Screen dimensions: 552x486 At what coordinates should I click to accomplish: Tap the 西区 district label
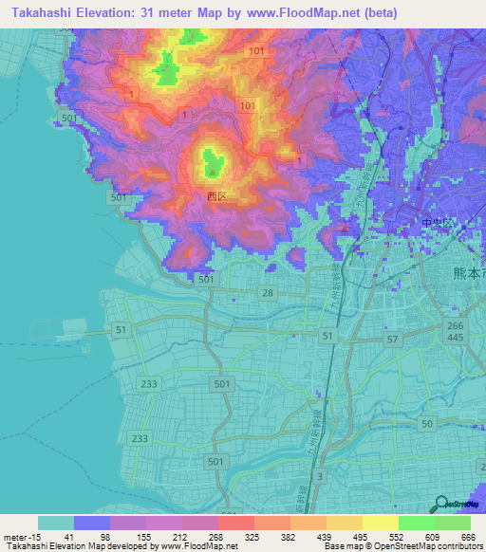point(216,196)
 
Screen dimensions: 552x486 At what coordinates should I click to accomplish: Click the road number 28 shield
point(269,294)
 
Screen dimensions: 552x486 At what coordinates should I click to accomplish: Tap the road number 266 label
point(457,326)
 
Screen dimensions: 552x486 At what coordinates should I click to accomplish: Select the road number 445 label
point(457,339)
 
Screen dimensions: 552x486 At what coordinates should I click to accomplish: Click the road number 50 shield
point(427,422)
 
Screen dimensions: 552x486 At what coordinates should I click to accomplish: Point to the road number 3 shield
point(320,475)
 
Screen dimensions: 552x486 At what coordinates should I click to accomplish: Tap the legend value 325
point(252,537)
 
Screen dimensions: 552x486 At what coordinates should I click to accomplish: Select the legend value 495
point(361,537)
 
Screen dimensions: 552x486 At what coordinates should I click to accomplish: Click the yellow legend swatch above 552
point(380,523)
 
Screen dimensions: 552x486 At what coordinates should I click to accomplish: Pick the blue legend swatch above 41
point(92,523)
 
